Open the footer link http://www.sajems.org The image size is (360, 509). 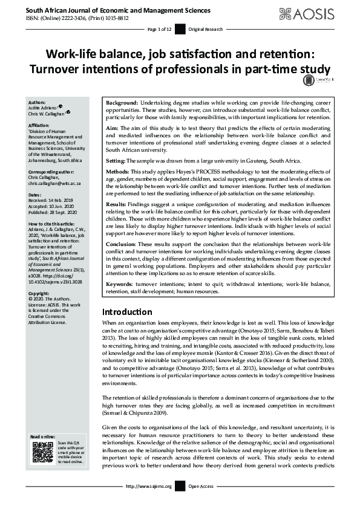(149, 486)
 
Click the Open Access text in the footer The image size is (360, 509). (201, 486)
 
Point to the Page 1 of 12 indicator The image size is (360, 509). (160, 29)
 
